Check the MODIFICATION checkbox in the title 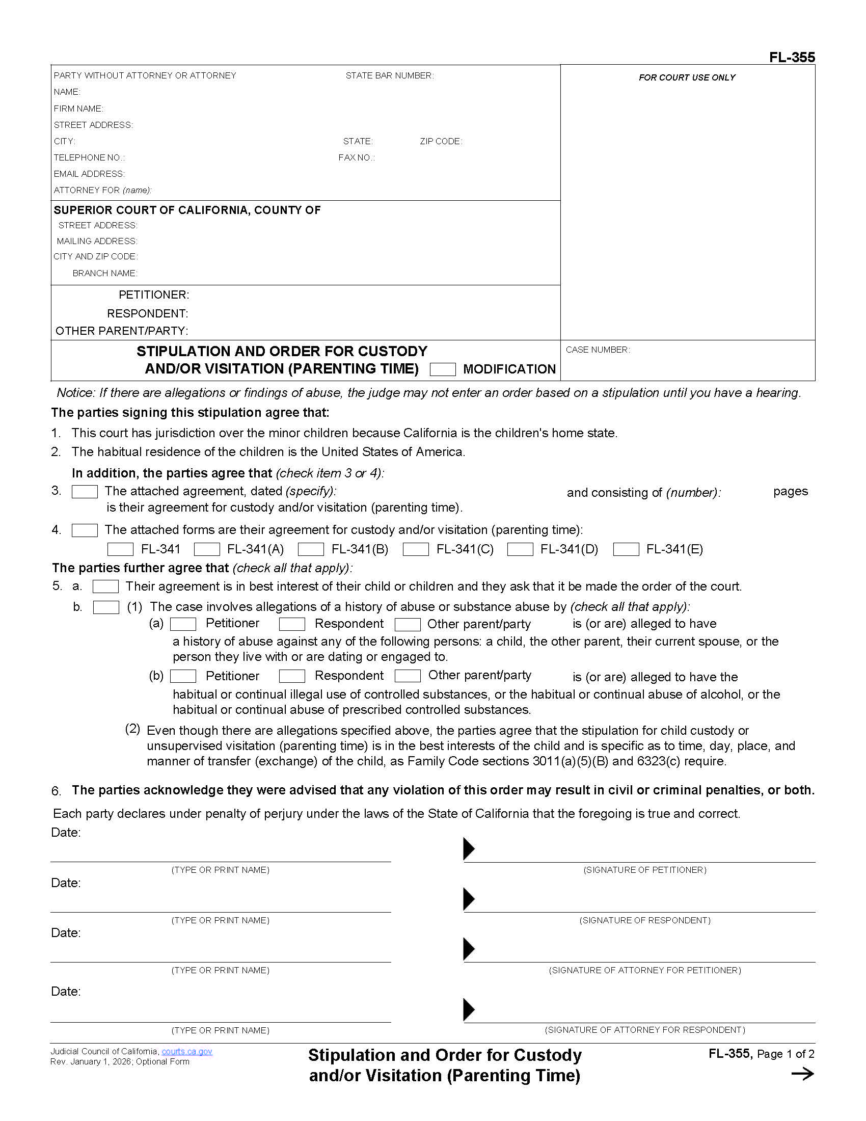(x=442, y=369)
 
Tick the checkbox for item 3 (x=85, y=491)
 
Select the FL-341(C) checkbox (x=416, y=549)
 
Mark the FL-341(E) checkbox (x=626, y=549)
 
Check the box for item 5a (x=105, y=586)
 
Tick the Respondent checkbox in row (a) (x=292, y=624)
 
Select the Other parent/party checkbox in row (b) (x=408, y=676)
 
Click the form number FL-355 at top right (x=792, y=57)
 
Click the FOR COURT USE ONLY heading (x=687, y=77)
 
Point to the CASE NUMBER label (x=598, y=350)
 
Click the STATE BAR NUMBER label (x=389, y=75)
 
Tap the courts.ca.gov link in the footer (x=187, y=1051)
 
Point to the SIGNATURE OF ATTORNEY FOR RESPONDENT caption (x=644, y=1030)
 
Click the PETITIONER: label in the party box (x=154, y=295)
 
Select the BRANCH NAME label (x=104, y=273)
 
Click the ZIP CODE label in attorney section (x=441, y=141)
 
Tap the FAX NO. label (x=357, y=157)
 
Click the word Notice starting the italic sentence (x=75, y=393)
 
